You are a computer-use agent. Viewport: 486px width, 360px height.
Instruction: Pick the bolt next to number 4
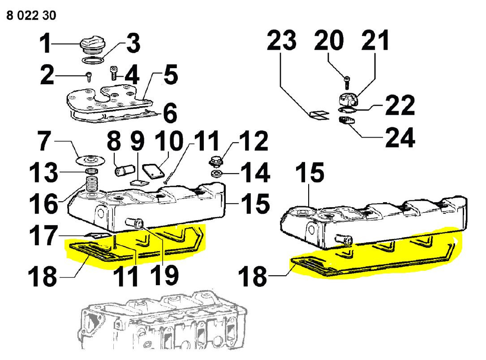[113, 72]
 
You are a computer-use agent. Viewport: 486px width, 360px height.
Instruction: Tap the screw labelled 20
[348, 81]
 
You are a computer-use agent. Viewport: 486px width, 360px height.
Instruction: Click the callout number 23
[282, 42]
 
